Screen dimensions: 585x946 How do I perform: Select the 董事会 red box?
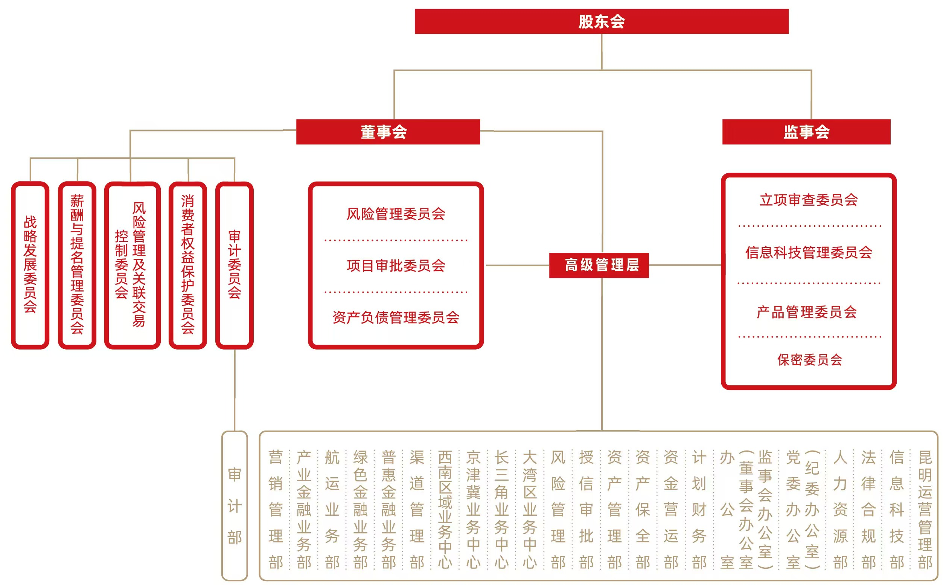pos(388,131)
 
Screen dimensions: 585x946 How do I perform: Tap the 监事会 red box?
pos(806,131)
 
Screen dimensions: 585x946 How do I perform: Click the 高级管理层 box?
pos(599,266)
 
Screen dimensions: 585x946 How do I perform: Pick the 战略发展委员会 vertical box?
pos(30,265)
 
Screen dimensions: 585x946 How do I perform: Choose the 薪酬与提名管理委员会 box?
pos(77,265)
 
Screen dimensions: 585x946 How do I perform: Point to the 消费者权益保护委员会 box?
pos(188,265)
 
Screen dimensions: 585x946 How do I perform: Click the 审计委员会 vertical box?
pos(234,265)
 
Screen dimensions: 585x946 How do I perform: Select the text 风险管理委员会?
pos(396,214)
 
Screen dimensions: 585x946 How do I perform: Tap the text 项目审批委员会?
pos(396,266)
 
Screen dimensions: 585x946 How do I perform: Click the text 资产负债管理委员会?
pos(396,318)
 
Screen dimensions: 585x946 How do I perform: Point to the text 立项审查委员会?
pos(808,200)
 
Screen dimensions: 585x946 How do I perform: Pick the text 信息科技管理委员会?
pos(808,253)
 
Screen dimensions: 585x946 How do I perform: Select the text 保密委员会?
pos(809,360)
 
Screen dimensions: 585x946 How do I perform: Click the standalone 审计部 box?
pos(234,506)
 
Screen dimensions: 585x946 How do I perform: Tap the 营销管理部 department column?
pos(276,509)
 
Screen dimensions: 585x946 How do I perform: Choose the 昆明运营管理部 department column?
pos(925,509)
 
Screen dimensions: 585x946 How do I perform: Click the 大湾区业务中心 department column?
pos(530,509)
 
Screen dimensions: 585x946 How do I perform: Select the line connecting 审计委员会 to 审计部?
pos(235,389)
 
